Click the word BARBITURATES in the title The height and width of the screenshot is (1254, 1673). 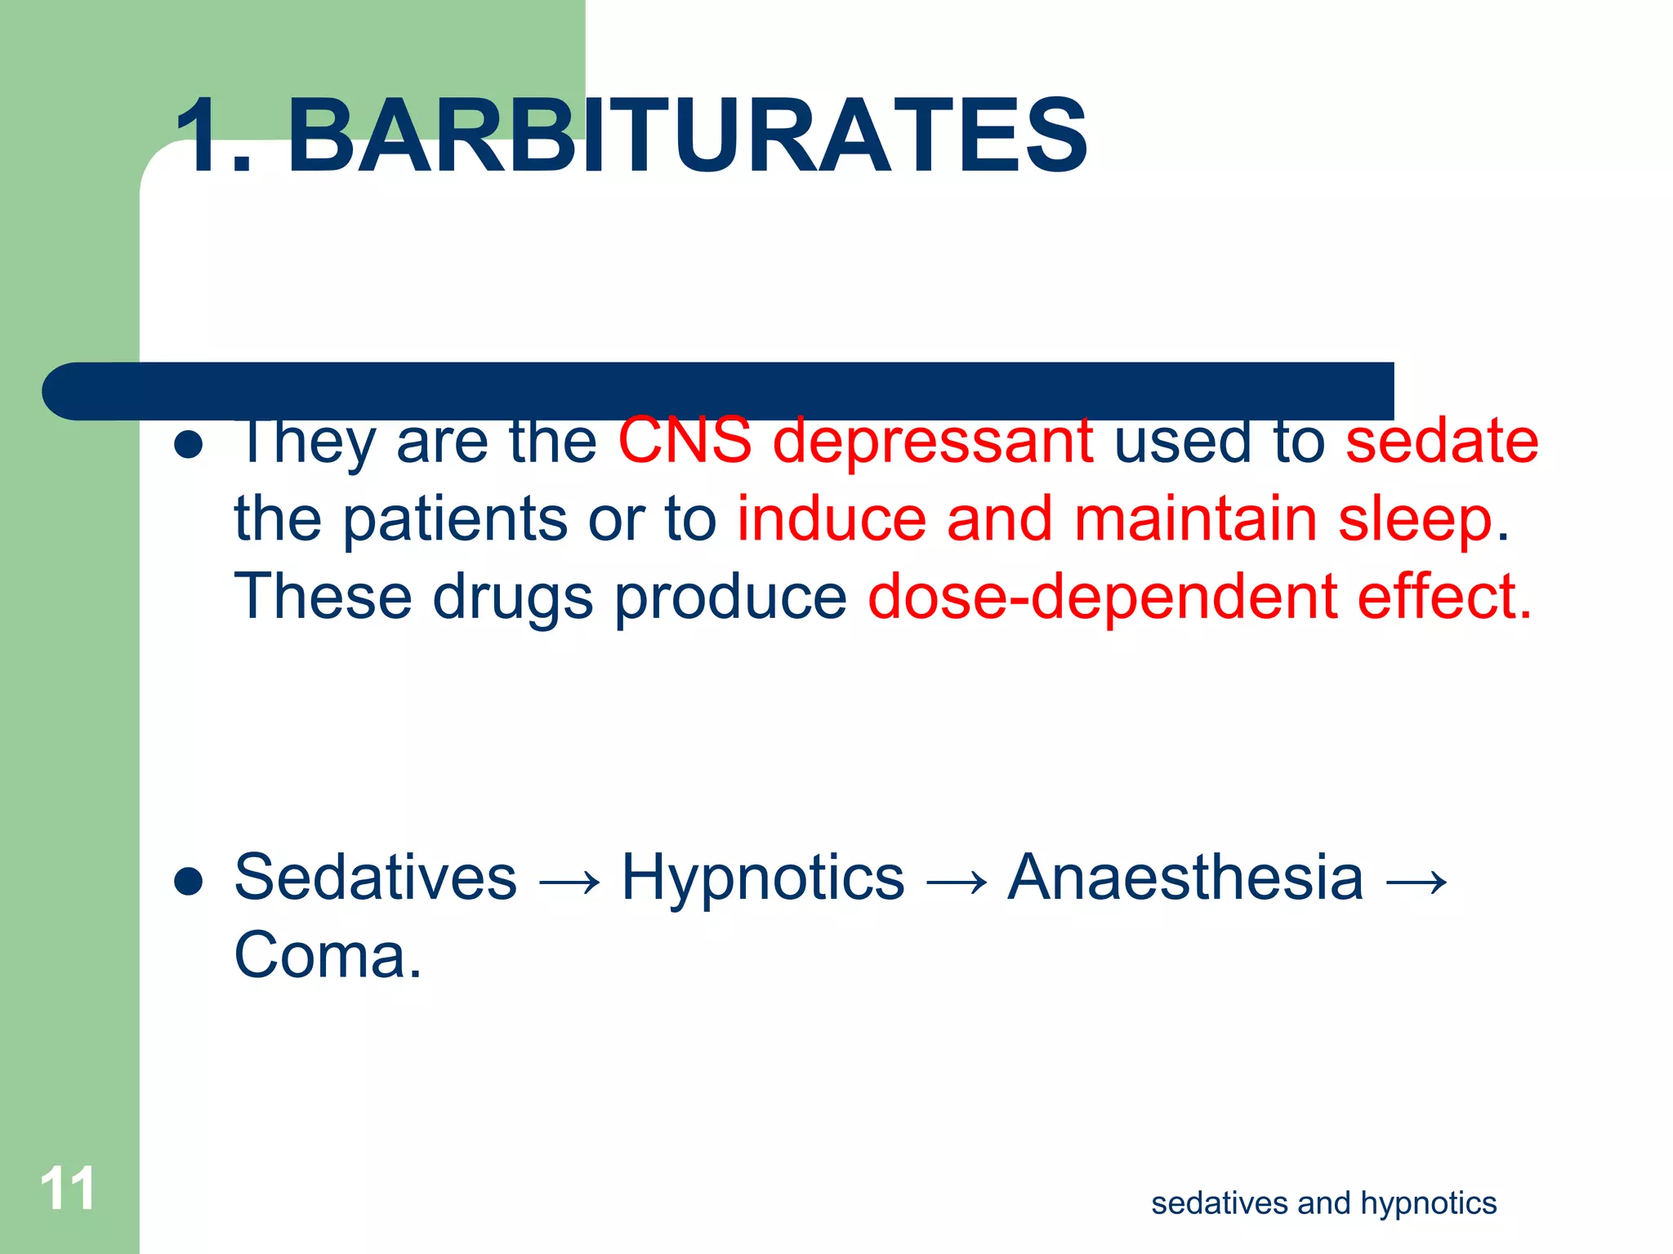[x=688, y=136]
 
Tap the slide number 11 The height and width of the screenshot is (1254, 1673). [x=68, y=1189]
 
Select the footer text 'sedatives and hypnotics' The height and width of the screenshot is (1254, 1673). [x=1323, y=1203]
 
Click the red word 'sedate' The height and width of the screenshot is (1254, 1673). [x=1442, y=441]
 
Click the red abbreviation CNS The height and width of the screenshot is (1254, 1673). [x=685, y=441]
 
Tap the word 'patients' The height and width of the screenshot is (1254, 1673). [x=454, y=520]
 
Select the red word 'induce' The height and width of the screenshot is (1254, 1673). [x=832, y=519]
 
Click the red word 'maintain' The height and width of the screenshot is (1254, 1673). [x=1195, y=519]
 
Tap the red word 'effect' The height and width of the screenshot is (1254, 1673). [x=1437, y=597]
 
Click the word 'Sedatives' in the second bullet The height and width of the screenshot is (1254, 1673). [x=376, y=878]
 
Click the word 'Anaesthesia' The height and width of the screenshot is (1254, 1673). [x=1185, y=878]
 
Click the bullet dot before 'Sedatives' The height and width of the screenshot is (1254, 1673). [x=189, y=882]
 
